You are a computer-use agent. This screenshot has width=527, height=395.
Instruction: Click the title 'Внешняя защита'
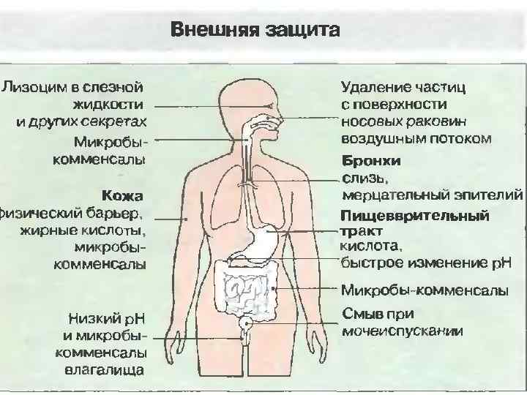pos(255,30)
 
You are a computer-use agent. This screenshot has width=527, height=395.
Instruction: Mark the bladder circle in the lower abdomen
pos(247,321)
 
